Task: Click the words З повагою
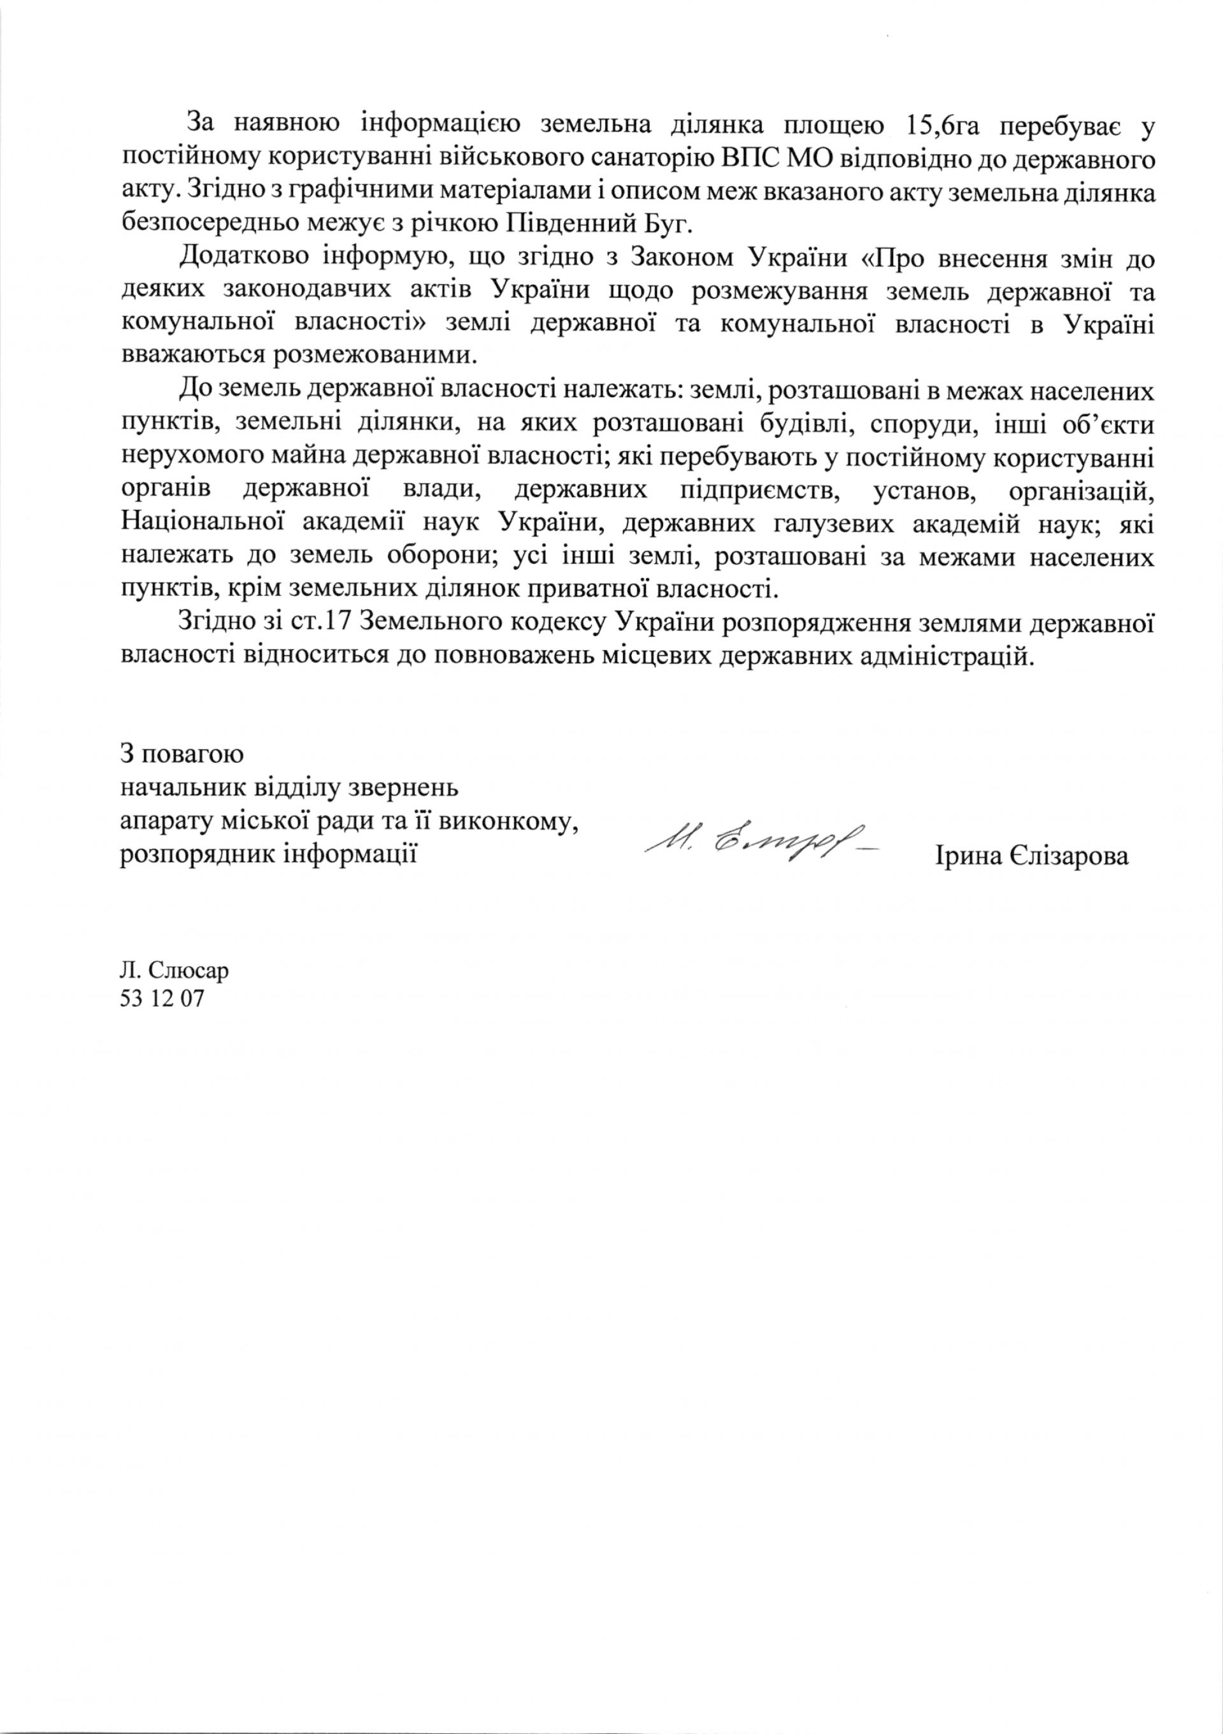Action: point(181,755)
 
